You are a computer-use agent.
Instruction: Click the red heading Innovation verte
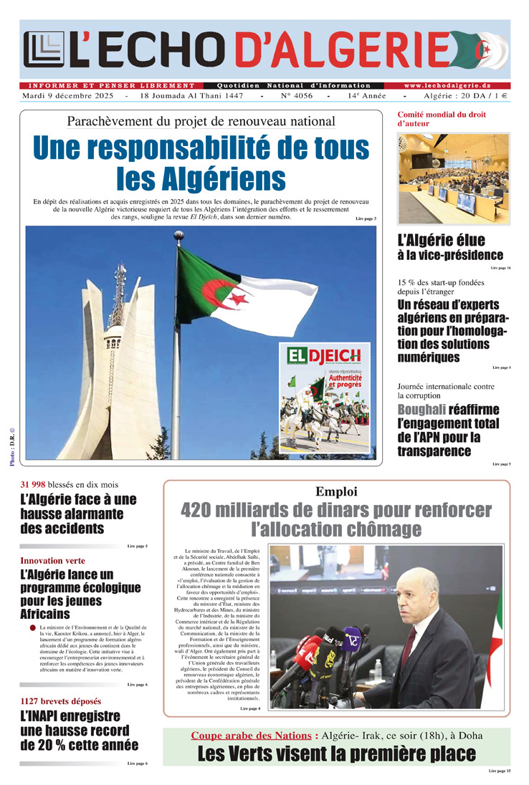click(x=52, y=560)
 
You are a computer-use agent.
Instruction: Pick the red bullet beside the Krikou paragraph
click(x=32, y=628)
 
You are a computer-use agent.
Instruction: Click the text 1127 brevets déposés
click(x=60, y=700)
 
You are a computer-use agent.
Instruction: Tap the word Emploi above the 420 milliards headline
click(x=336, y=491)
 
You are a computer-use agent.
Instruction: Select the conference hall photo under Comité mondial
click(x=453, y=180)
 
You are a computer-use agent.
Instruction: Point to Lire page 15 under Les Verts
click(x=500, y=771)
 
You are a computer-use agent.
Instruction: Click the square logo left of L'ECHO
click(x=43, y=51)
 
